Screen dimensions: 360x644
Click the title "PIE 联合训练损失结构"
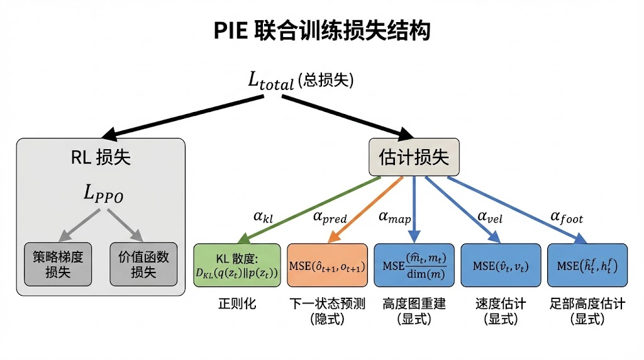point(322,30)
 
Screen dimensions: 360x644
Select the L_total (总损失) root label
point(301,81)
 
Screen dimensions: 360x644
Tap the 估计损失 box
point(414,157)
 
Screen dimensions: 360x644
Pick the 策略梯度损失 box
point(58,264)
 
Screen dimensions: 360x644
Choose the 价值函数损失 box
point(143,264)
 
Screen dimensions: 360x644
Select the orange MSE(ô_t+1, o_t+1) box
point(327,265)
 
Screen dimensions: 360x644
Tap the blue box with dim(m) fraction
point(414,265)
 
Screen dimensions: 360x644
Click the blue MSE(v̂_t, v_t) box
point(501,265)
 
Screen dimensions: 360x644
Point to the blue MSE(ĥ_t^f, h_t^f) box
point(587,265)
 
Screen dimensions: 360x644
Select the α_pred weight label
point(330,217)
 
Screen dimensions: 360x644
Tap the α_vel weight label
point(490,217)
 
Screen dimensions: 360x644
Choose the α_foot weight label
point(566,217)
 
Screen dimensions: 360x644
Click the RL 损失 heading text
point(101,157)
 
